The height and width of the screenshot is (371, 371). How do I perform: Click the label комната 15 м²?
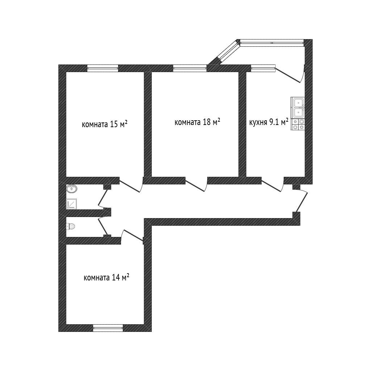click(x=105, y=124)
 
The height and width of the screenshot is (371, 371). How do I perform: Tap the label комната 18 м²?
click(x=197, y=122)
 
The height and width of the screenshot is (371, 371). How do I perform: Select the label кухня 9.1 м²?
click(x=269, y=122)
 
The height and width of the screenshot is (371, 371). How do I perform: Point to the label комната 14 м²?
click(x=107, y=277)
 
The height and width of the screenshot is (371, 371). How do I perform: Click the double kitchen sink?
click(x=298, y=108)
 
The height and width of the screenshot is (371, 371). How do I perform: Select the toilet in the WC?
click(x=71, y=226)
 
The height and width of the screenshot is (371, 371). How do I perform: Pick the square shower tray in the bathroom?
click(x=71, y=204)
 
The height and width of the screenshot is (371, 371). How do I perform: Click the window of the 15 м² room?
click(x=103, y=68)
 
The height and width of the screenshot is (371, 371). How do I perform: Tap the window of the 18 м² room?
click(x=190, y=68)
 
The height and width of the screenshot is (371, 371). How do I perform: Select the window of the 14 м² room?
click(x=108, y=328)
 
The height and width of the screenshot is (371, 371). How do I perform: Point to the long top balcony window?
click(x=272, y=43)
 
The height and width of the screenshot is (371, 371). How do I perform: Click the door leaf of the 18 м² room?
click(x=195, y=186)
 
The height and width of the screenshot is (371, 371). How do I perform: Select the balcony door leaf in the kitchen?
click(x=288, y=75)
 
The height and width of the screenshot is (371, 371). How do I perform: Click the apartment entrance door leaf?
click(x=301, y=202)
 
